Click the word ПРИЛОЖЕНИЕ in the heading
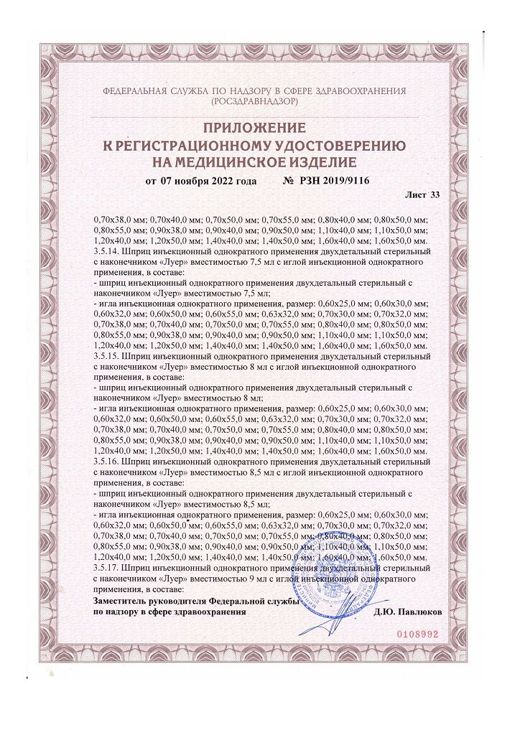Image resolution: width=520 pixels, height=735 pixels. coord(259,128)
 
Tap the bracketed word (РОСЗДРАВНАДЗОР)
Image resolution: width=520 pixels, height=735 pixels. coord(255,103)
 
